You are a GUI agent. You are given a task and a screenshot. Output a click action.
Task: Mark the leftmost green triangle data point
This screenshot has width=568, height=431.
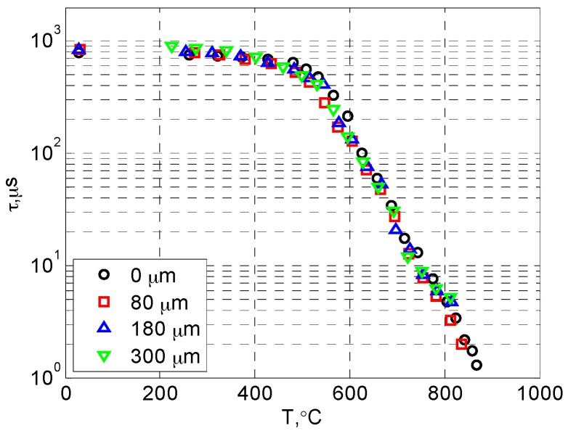[x=171, y=47]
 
